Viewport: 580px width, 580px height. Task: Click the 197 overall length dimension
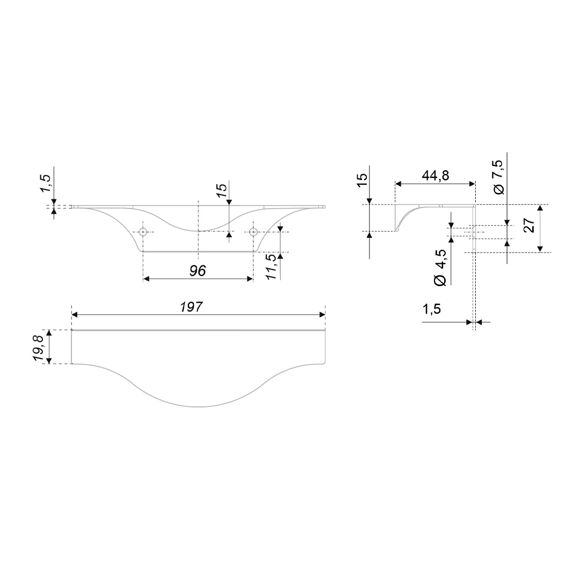click(192, 307)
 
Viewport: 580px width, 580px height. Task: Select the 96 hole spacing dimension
click(198, 271)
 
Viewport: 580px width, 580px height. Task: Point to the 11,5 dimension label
click(271, 266)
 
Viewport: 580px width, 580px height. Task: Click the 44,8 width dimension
click(436, 175)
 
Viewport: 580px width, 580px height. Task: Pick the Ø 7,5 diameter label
click(498, 177)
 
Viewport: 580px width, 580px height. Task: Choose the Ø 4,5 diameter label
click(440, 267)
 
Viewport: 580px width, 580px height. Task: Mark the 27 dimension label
click(530, 225)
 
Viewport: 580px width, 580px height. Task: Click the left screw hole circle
click(143, 233)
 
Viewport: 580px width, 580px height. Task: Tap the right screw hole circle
click(253, 233)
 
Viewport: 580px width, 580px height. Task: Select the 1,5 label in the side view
click(432, 308)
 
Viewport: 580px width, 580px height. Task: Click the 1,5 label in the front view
click(46, 183)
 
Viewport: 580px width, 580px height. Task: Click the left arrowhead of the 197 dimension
click(74, 315)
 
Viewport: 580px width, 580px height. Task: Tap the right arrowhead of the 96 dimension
click(250, 279)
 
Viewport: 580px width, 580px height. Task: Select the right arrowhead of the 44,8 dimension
click(472, 184)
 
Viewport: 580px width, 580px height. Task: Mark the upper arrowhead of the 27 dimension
click(540, 207)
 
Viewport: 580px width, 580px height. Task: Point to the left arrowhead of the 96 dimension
click(147, 279)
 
